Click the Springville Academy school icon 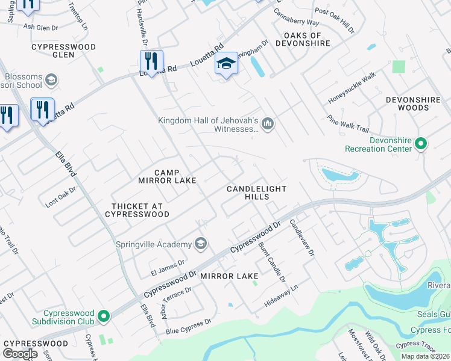coord(201,244)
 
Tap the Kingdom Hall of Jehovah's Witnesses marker coord(268,125)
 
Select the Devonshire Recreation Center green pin coord(421,144)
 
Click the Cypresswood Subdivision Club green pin coord(104,315)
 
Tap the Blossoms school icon coord(51,79)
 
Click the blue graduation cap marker coord(226,63)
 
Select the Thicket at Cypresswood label coord(137,209)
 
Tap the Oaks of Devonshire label coord(303,40)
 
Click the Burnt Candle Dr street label coord(271,262)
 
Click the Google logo coord(20,354)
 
